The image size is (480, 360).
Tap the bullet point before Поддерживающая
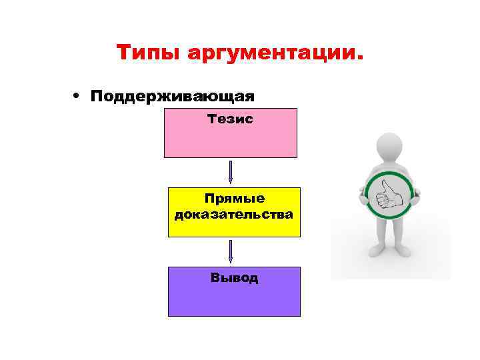click(x=79, y=95)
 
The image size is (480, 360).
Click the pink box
click(x=230, y=140)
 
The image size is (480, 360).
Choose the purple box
click(x=233, y=297)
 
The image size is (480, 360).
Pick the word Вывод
click(x=234, y=278)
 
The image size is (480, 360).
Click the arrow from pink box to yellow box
click(x=230, y=171)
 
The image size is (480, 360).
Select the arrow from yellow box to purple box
click(x=230, y=251)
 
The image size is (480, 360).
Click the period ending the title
click(x=361, y=59)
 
